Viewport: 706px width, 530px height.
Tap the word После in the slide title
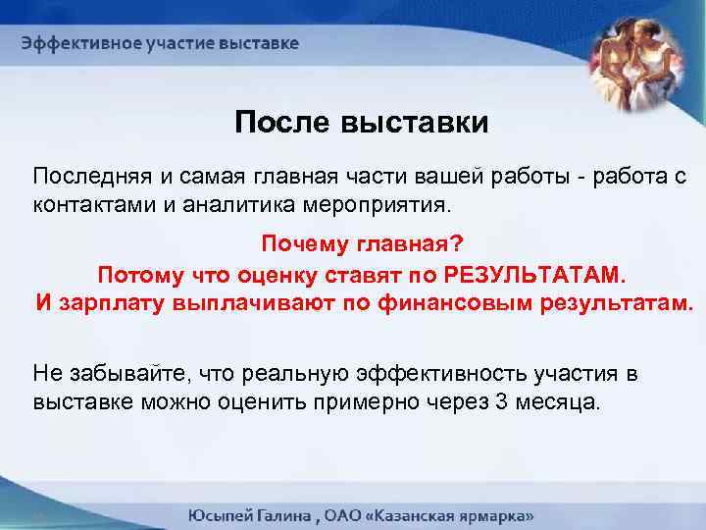282,124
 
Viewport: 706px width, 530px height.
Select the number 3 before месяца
504,402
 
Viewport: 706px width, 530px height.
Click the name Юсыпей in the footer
222,515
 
